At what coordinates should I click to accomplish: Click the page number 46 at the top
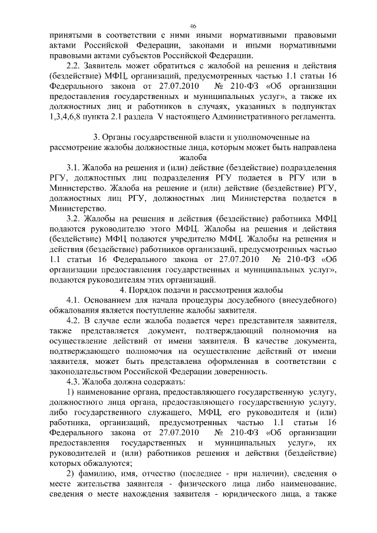click(x=193, y=26)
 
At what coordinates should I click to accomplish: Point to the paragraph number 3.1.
click(x=75, y=167)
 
